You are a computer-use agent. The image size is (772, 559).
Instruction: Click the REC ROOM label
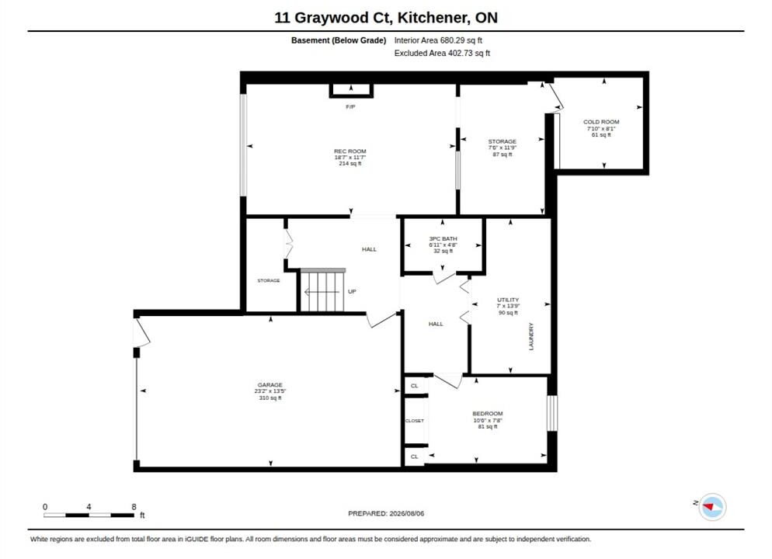(x=350, y=151)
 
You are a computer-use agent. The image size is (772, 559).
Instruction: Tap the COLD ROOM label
(x=601, y=122)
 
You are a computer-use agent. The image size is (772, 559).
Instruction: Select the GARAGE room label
(x=270, y=385)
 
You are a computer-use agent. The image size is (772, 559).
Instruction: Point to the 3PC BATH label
(x=443, y=238)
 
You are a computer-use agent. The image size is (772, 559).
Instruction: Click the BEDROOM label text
(x=488, y=414)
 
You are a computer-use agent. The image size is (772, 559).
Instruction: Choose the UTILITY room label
(x=508, y=300)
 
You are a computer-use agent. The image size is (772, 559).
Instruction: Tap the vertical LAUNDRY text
(x=530, y=337)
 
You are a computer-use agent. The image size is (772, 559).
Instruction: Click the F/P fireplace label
(x=350, y=107)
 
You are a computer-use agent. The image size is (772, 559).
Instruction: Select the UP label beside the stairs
(x=352, y=291)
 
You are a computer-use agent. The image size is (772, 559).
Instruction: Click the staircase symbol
(x=322, y=290)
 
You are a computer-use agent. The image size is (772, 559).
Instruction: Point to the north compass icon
(x=711, y=506)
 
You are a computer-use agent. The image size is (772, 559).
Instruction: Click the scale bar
(x=89, y=516)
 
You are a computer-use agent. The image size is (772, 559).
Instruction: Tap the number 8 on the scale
(x=134, y=506)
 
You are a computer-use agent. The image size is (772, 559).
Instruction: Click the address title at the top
(x=386, y=18)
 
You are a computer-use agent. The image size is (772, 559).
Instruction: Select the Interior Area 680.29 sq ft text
(x=438, y=40)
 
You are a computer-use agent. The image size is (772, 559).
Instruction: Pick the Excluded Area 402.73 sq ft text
(x=442, y=53)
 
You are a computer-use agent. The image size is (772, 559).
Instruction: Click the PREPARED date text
(x=386, y=513)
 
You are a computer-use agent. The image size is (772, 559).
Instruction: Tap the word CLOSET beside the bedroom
(x=415, y=421)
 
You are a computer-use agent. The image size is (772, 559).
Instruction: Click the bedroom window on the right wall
(x=552, y=413)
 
